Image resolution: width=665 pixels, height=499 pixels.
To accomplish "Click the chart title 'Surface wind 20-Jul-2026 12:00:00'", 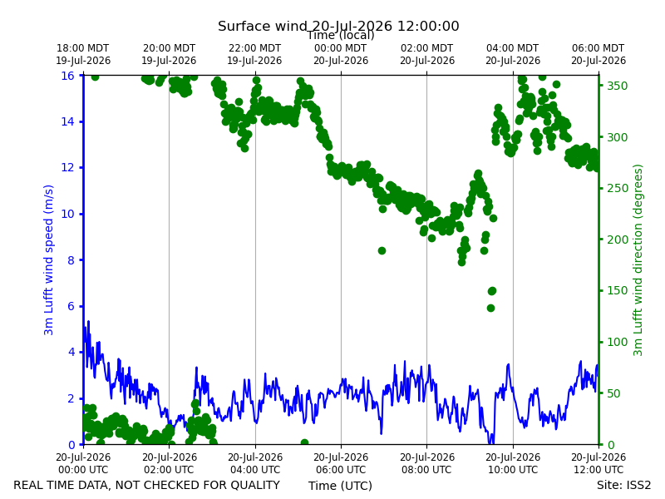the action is tap(338, 26).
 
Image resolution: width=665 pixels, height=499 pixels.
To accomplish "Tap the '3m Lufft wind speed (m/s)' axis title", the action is tap(48, 259).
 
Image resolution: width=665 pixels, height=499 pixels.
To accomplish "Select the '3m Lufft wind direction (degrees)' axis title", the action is tap(638, 260).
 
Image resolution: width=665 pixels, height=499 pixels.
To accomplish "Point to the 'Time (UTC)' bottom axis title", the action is tap(340, 486).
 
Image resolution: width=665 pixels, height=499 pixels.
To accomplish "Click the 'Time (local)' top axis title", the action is tap(341, 35).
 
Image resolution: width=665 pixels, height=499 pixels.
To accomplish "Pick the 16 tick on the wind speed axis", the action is tap(67, 76).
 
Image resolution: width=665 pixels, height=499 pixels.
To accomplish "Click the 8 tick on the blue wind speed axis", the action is tap(71, 260).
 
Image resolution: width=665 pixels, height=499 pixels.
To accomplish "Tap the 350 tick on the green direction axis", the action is tap(617, 86).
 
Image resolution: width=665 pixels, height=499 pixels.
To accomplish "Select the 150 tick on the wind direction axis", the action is tap(617, 290).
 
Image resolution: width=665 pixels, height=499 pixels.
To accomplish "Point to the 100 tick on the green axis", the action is tap(617, 342).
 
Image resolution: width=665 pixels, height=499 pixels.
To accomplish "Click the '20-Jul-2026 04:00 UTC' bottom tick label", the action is tap(255, 463).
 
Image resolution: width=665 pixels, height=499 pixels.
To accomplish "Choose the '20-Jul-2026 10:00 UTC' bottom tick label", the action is tap(513, 463).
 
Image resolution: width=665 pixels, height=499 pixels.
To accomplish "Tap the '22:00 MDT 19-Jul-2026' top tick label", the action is tap(254, 54).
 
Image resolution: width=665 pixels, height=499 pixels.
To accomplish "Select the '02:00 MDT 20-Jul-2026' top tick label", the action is tap(427, 54).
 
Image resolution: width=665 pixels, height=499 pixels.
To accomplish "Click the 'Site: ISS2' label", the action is tap(624, 485).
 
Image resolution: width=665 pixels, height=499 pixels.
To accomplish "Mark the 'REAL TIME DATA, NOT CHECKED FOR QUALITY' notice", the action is tap(147, 485).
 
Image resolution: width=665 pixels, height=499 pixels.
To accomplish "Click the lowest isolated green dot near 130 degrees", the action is tap(490, 308).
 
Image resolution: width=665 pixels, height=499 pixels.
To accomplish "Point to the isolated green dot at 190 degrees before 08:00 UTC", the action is tap(382, 251).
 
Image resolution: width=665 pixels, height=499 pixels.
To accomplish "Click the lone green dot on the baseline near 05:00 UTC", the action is tap(304, 442).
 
